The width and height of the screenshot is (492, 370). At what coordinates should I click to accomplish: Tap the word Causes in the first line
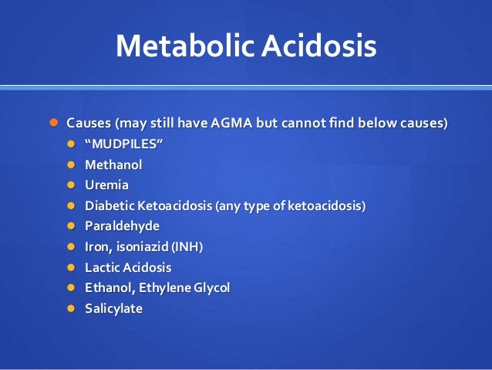[x=89, y=124]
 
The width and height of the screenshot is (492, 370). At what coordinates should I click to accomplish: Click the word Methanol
[x=113, y=165]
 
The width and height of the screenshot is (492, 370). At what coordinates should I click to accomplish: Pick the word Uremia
[x=107, y=185]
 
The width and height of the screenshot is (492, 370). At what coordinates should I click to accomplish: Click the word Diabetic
[x=110, y=205]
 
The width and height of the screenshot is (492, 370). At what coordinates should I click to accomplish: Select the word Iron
[x=99, y=247]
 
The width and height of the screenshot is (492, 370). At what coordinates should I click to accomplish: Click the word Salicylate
[x=114, y=309]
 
